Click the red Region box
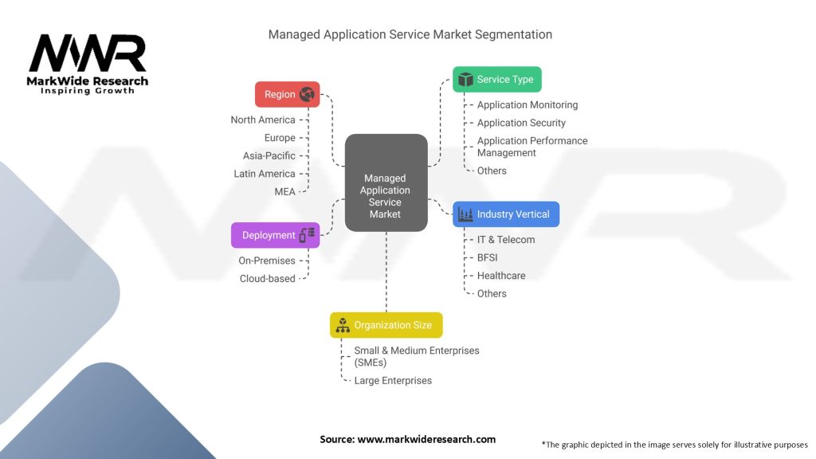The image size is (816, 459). point(287,94)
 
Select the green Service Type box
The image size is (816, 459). point(497,80)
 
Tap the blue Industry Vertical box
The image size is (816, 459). point(506,214)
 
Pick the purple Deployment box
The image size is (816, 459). point(275,235)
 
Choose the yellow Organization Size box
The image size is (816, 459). point(386,325)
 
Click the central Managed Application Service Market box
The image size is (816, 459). point(386,183)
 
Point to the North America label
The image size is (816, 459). point(263,120)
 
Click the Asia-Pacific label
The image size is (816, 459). point(269,155)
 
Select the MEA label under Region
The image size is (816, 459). point(284,191)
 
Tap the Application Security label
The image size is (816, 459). point(521,123)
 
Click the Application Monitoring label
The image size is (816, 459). point(528,104)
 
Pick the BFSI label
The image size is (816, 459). point(488,257)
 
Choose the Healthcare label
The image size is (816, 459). point(501,276)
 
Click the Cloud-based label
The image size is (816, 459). point(267,278)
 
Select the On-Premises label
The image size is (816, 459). point(267,261)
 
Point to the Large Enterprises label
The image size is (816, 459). point(393,380)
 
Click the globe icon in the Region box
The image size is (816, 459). point(307,94)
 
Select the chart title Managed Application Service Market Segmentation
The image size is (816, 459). point(410,34)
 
